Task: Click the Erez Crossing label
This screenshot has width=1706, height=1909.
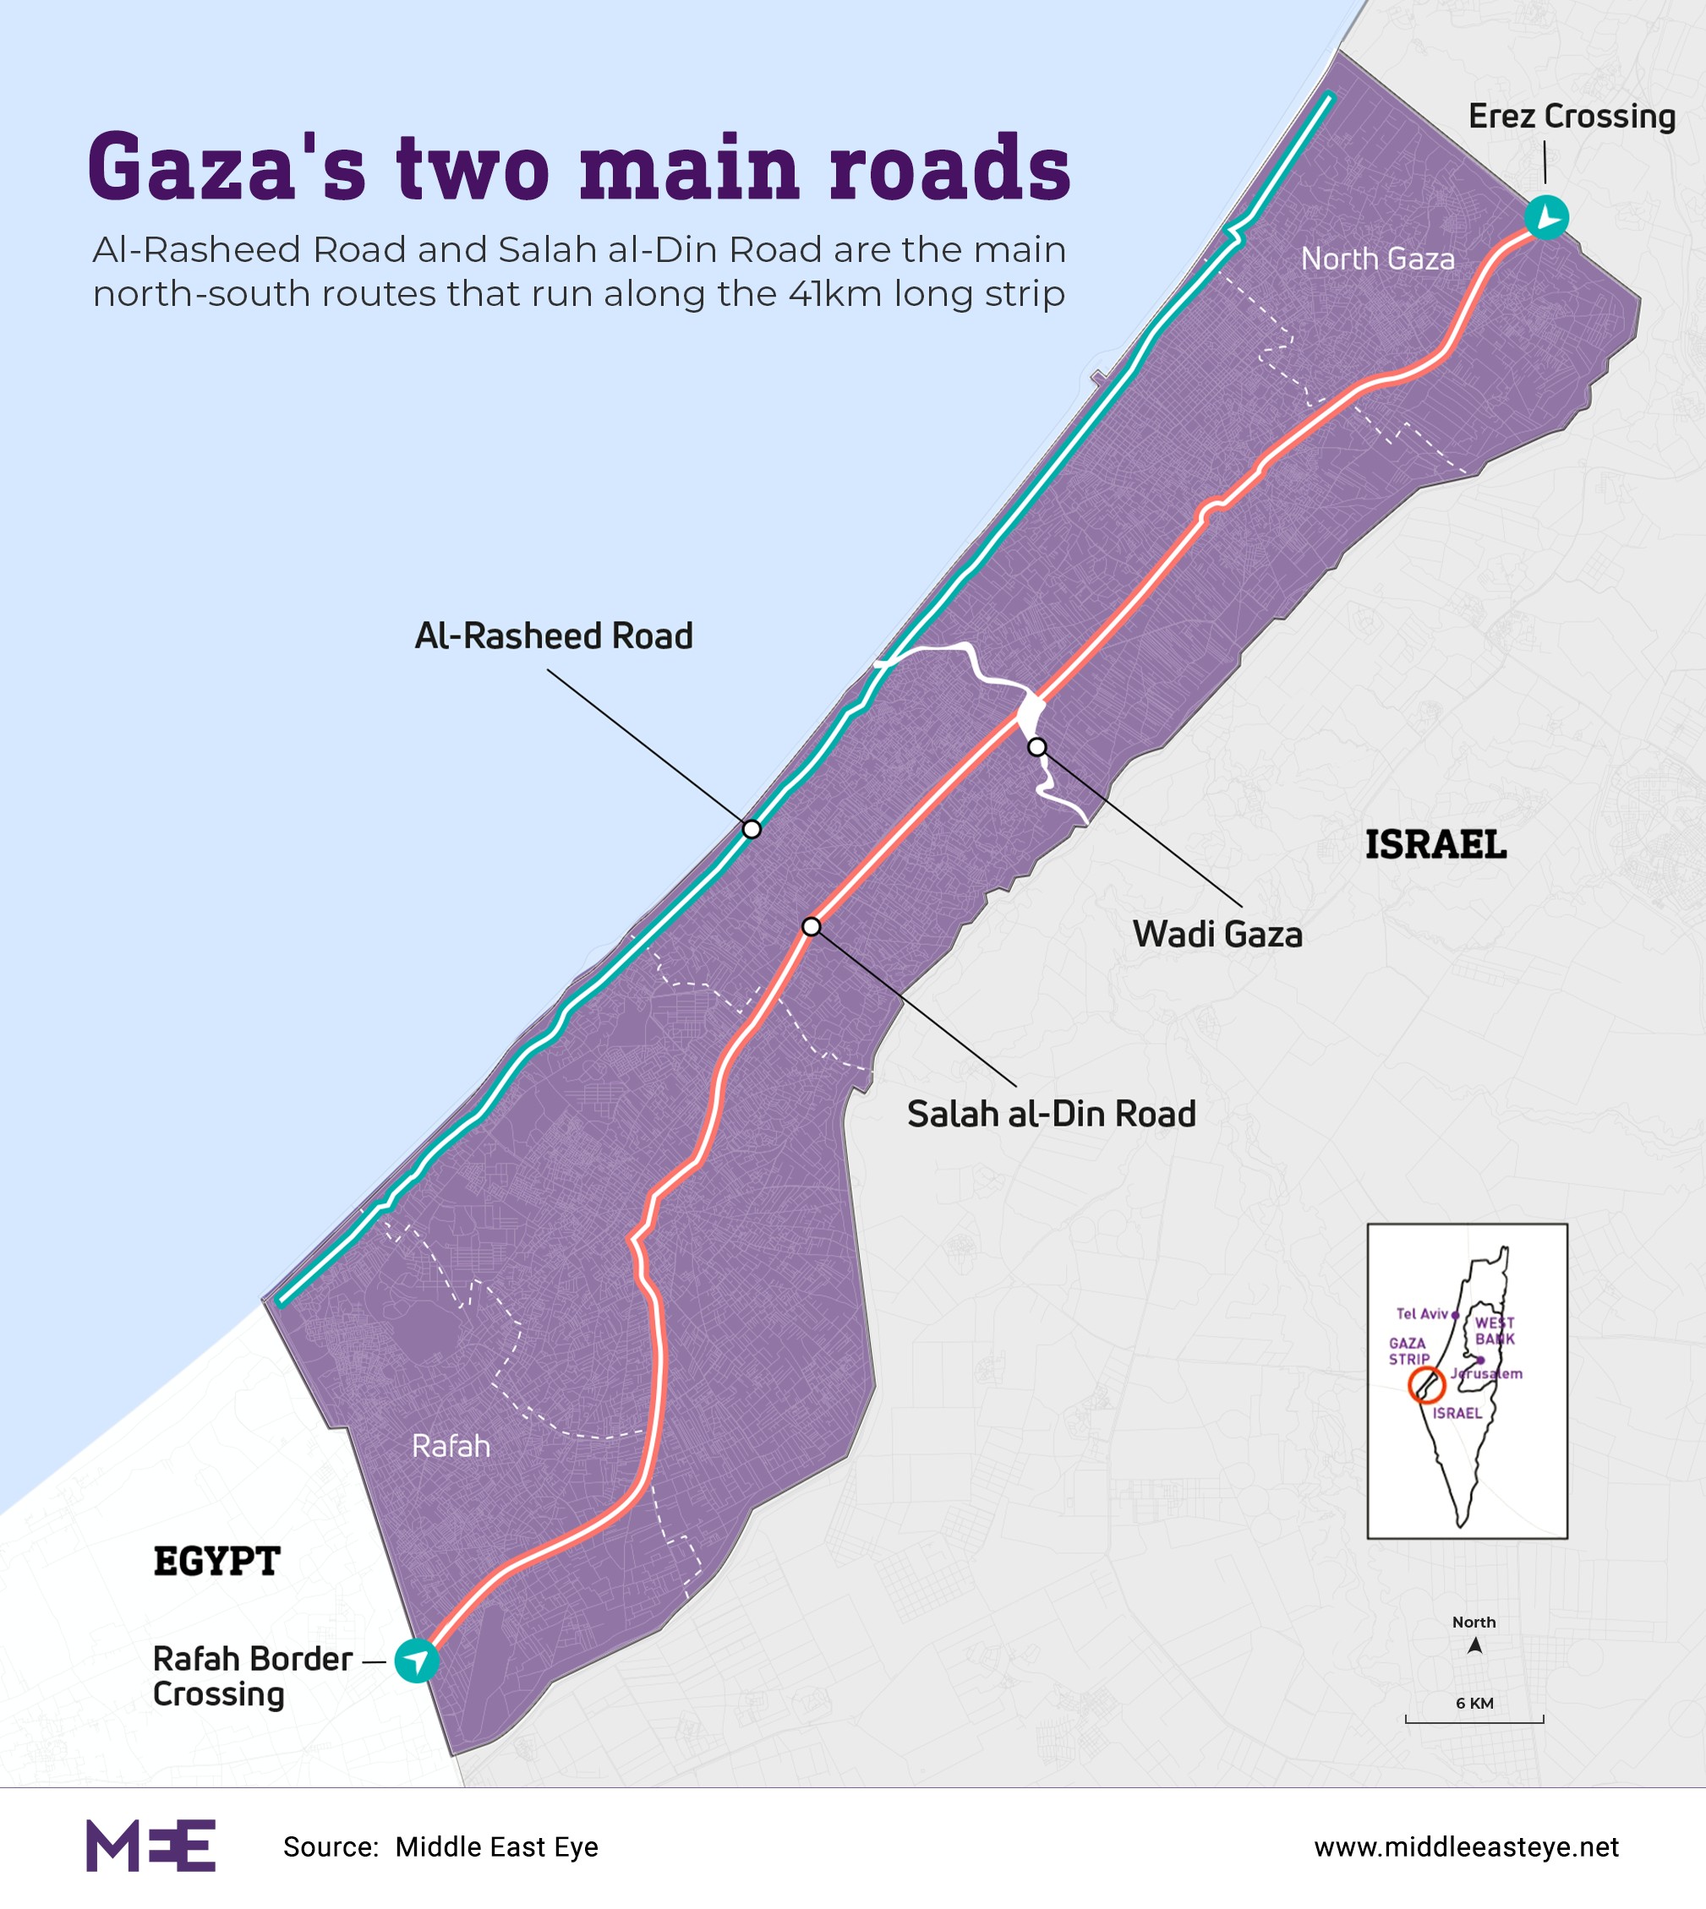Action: coord(1571,117)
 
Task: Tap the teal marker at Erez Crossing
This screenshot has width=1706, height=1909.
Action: coord(1545,217)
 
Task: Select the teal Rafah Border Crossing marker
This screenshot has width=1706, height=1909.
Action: coord(416,1661)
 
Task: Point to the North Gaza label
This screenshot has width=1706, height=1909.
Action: coord(1377,259)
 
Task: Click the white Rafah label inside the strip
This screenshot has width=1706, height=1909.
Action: coord(451,1446)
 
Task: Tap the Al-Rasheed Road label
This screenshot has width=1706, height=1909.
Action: coord(554,636)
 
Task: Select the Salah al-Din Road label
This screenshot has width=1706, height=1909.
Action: coord(1051,1115)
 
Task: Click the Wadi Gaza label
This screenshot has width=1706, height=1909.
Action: coord(1217,935)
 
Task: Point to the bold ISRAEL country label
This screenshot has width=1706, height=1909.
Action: coord(1435,844)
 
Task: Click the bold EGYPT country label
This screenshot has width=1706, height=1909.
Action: coord(216,1562)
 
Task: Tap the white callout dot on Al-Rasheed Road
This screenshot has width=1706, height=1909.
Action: coord(752,828)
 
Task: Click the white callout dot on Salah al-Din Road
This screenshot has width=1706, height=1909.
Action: coord(812,927)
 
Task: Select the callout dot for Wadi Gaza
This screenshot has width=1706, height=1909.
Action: coord(1036,747)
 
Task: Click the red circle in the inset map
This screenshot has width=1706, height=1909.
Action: coord(1425,1384)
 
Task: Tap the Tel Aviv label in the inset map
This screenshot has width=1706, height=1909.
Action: coord(1422,1314)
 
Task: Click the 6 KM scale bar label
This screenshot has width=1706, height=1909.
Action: coord(1474,1703)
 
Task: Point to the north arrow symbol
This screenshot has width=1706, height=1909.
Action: coord(1474,1645)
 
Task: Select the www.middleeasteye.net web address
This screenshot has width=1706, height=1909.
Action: coord(1466,1847)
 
